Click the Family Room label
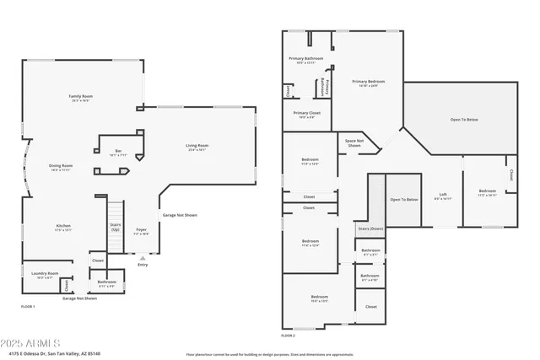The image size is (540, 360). click(x=79, y=98)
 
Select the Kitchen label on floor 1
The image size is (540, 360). click(x=63, y=228)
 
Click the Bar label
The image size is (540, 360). click(x=118, y=153)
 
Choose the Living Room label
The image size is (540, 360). click(x=197, y=148)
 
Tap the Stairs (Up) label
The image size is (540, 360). click(x=116, y=227)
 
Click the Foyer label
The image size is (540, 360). click(x=142, y=230)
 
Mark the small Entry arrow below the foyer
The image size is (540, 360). click(x=142, y=258)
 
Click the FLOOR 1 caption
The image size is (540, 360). click(x=28, y=306)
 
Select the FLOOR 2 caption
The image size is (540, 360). click(x=289, y=336)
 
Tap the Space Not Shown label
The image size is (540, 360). click(x=354, y=142)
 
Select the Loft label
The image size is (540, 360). click(x=443, y=196)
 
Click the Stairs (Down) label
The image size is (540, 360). click(x=370, y=228)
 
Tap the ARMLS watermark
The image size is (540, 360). click(x=30, y=344)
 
